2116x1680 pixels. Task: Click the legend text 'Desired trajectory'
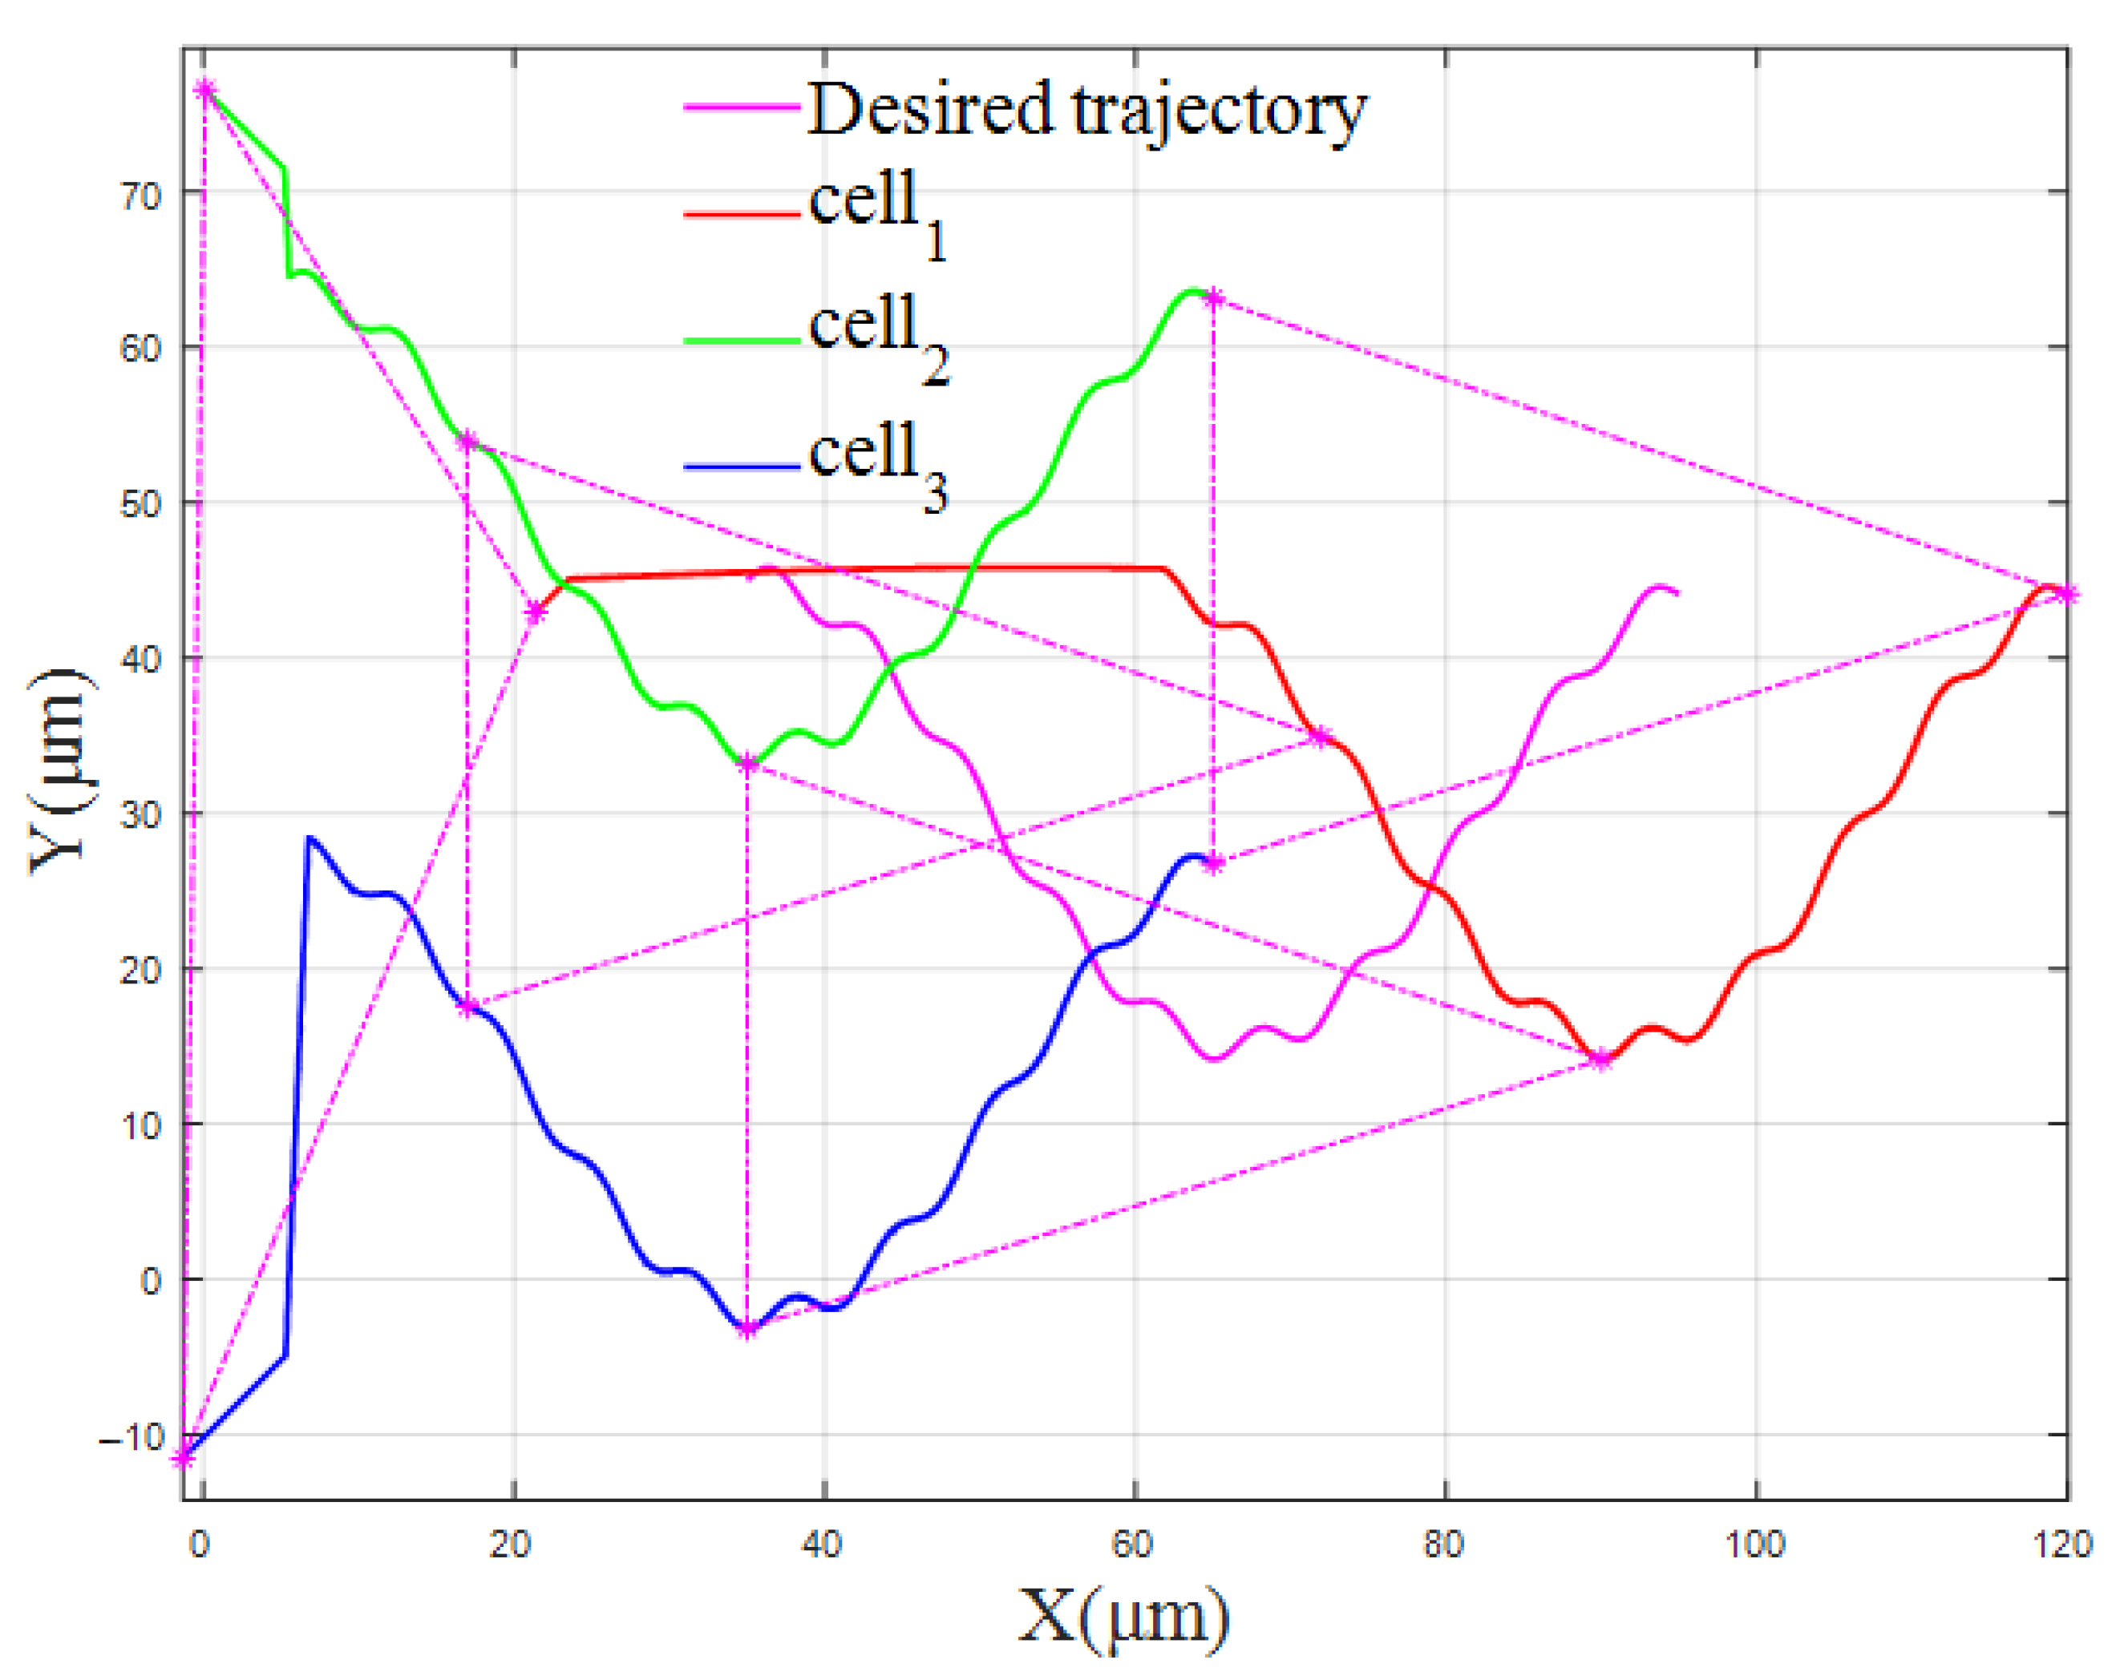(1086, 110)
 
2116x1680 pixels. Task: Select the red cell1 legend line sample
(742, 213)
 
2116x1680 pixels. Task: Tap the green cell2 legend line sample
(742, 341)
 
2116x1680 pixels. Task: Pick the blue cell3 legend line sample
(742, 467)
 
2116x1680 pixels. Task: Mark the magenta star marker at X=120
(2068, 594)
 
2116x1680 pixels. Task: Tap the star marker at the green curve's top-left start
(204, 91)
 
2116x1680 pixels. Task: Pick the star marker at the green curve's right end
(1214, 298)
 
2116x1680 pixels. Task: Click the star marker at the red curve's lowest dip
(1602, 1059)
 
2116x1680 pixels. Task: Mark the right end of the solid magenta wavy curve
(1677, 592)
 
